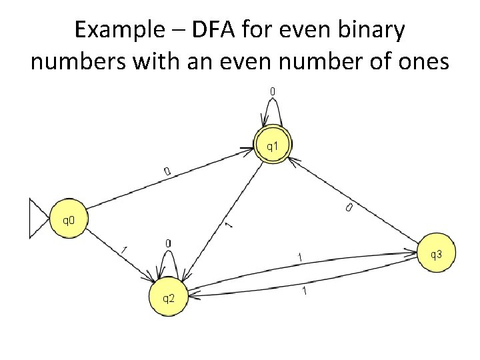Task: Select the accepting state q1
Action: point(273,145)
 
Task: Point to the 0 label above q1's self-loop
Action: point(273,91)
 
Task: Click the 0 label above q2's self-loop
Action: point(168,243)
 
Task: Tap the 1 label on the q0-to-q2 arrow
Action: point(124,250)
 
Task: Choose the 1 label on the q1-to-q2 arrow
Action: point(229,227)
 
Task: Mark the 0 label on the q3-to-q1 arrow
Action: point(349,209)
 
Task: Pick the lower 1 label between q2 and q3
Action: point(304,291)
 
